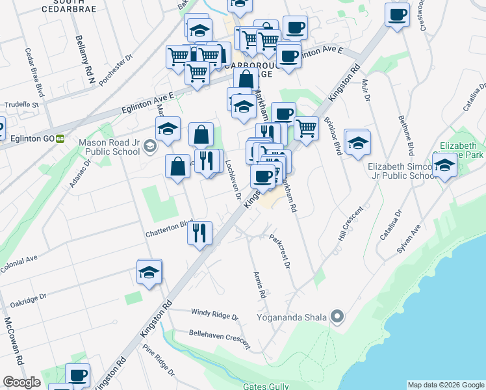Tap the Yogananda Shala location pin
pos(337,317)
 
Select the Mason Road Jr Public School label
pos(109,147)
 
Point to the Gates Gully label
pos(266,386)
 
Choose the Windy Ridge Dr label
pos(214,314)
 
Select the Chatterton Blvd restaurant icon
pos(199,232)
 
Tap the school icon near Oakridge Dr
pos(149,272)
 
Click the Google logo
pos(22,382)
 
